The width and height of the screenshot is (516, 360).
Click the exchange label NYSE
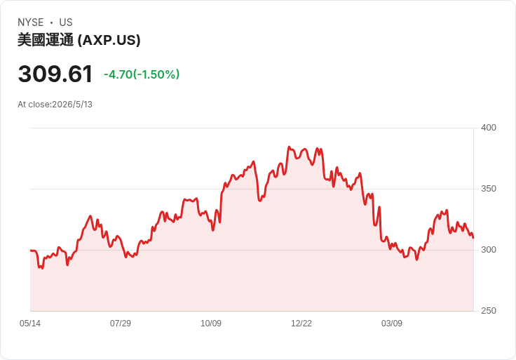31,22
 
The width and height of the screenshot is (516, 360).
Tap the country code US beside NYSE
66,22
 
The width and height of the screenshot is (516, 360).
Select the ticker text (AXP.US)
109,40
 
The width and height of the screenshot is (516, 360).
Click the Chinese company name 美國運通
46,40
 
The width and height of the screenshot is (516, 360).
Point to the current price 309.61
55,74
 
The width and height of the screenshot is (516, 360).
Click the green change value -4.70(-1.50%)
142,74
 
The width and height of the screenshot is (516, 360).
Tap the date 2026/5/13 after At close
72,105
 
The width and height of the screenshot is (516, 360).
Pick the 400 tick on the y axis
489,128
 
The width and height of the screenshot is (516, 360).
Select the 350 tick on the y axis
489,189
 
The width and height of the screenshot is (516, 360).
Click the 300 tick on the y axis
489,250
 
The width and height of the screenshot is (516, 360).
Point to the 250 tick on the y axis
489,311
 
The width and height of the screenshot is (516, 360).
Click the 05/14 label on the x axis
30,323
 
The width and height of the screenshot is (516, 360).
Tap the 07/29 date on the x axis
121,323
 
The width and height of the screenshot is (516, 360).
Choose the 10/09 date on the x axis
211,323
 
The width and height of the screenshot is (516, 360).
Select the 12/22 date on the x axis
301,323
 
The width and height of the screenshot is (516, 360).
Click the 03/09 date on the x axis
392,323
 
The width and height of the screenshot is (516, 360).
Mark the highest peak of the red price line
289,147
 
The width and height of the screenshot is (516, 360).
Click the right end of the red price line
473,237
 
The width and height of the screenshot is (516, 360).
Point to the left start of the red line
31,251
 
